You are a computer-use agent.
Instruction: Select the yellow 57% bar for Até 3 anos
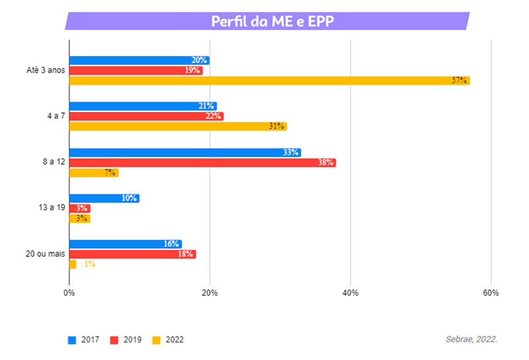(269, 81)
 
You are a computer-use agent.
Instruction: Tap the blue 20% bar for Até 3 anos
(139, 60)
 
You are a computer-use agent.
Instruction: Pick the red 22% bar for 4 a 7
(146, 116)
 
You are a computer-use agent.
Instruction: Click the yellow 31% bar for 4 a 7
(178, 126)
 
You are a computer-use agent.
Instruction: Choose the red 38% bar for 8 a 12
(202, 162)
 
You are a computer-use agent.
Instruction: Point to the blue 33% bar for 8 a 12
(184, 152)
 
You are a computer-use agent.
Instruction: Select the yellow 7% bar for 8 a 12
(94, 173)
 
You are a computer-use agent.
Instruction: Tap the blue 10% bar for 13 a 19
(104, 198)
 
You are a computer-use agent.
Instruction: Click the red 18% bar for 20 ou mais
(132, 254)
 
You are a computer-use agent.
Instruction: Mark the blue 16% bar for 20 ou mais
(125, 244)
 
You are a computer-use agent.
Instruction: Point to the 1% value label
(89, 264)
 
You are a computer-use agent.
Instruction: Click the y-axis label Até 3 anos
(41, 71)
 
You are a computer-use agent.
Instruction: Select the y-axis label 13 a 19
(51, 208)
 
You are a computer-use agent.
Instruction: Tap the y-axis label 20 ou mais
(45, 254)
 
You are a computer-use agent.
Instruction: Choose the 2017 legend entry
(85, 339)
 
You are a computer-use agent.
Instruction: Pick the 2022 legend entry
(168, 339)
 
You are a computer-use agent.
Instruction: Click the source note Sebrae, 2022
(471, 339)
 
